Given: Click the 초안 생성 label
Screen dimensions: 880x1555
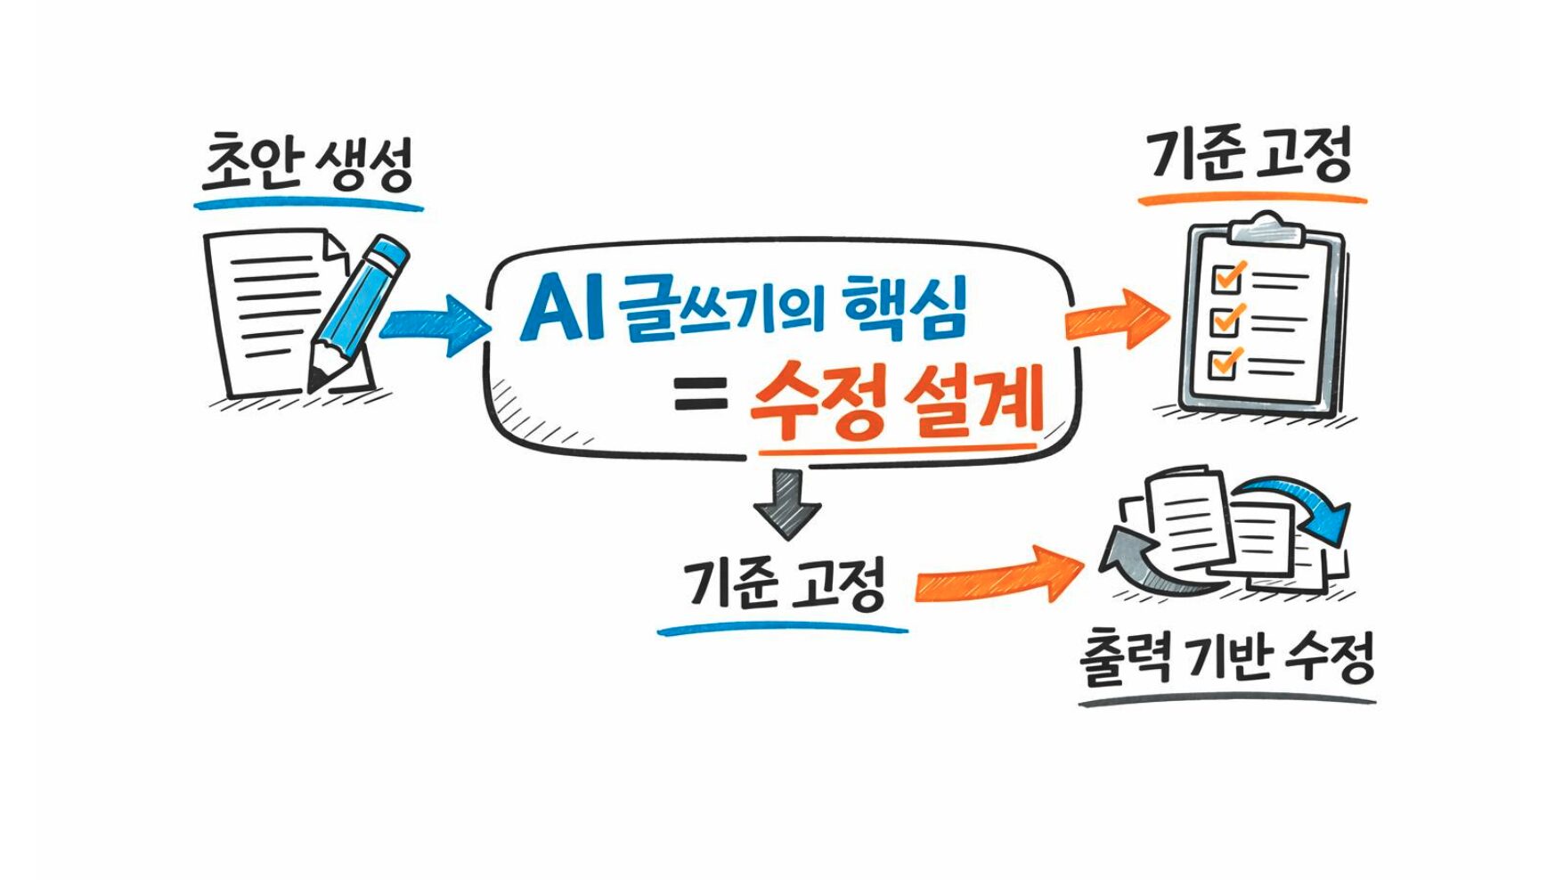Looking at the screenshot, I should [307, 165].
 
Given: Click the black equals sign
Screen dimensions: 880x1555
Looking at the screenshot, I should [701, 394].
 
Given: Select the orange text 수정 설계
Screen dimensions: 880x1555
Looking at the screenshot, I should [895, 403].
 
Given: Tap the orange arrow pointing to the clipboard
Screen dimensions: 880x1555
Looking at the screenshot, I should [1118, 318].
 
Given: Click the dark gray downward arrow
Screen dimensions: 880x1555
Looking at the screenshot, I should [786, 503].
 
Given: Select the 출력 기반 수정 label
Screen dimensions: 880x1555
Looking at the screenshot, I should [1226, 659].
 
